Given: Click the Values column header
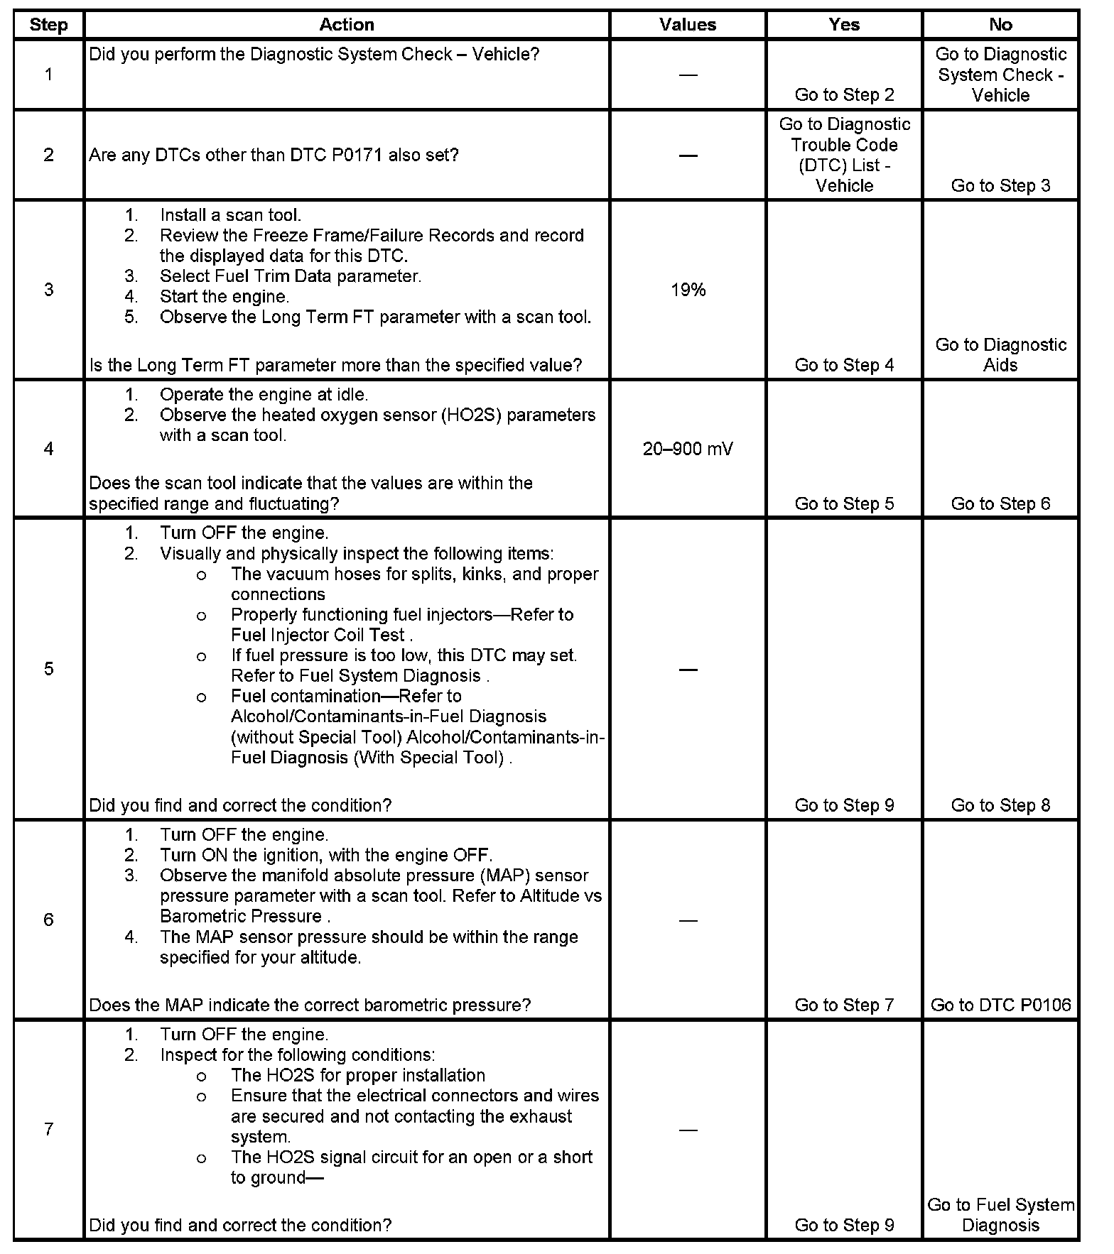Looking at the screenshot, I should click(687, 25).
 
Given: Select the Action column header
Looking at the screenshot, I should click(346, 25).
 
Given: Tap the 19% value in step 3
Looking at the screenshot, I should click(688, 290).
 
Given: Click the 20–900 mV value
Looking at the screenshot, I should click(688, 449).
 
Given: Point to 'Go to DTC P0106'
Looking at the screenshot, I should click(1000, 1005).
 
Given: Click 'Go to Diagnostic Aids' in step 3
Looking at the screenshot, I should click(1000, 355).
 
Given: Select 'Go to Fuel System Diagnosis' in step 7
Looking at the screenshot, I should click(1000, 1214).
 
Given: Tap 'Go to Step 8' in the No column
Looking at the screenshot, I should click(1000, 805).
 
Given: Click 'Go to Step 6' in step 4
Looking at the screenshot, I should click(1000, 503).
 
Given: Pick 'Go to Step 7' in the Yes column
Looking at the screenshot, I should click(844, 1005).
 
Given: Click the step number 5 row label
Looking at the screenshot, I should click(48, 669).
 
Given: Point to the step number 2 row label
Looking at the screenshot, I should click(48, 155).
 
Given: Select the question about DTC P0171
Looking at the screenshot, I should click(274, 155).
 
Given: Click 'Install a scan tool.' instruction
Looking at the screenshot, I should click(230, 215).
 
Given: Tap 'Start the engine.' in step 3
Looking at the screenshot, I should click(224, 296).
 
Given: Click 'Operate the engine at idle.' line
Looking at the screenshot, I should click(264, 394).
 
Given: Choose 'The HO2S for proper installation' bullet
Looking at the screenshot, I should click(357, 1075).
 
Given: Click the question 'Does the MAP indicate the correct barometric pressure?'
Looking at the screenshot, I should click(310, 1005).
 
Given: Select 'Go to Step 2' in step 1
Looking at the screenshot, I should click(844, 94).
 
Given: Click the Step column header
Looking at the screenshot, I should click(48, 25).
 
